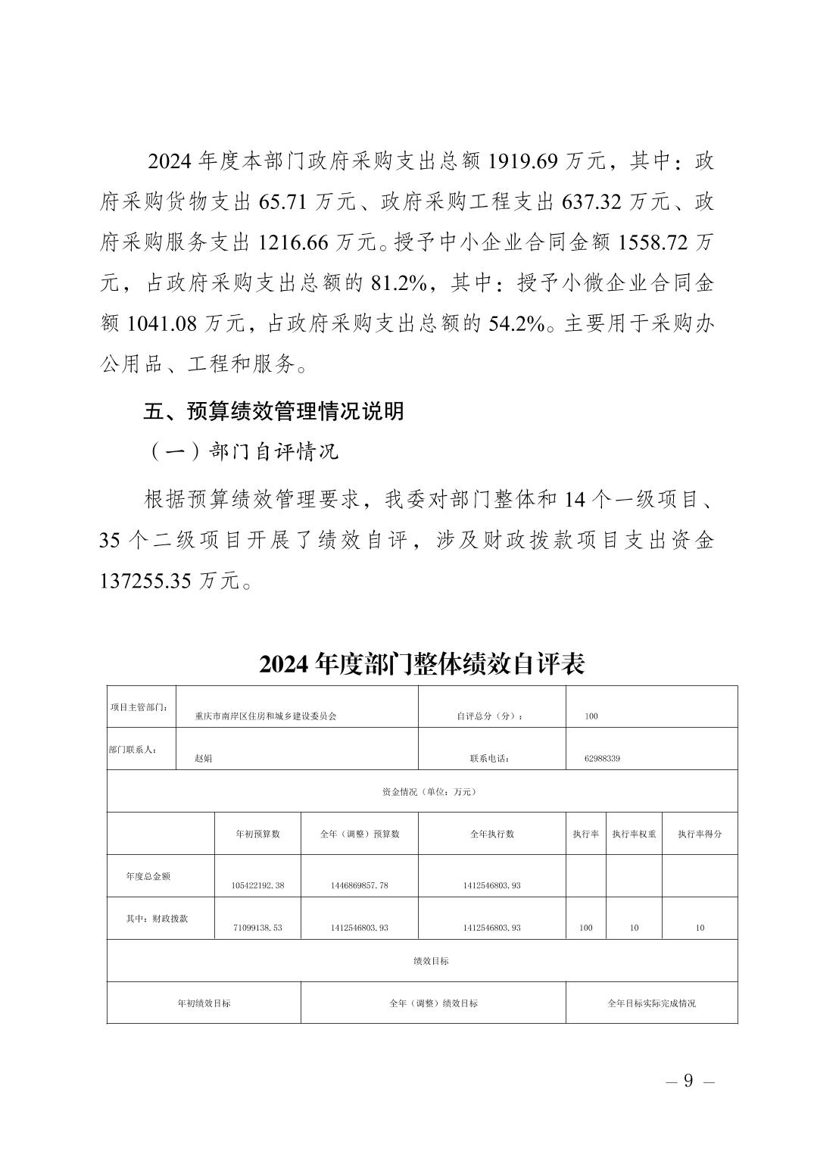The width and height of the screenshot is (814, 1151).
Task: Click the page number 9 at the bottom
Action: pos(688,1081)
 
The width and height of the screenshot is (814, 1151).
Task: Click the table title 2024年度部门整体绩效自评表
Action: pos(422,664)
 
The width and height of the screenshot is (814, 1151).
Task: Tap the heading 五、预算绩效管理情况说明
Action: pos(274,411)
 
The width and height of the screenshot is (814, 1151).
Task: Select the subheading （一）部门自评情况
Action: pos(241,452)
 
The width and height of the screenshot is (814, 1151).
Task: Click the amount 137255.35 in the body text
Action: pos(148,581)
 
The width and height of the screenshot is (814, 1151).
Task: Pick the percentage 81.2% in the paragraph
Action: pos(400,284)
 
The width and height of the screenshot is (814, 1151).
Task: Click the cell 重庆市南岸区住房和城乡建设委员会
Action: pos(266,716)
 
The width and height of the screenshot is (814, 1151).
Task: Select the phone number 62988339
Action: pos(603,758)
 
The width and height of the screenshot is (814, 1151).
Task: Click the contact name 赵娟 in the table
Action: pos(203,758)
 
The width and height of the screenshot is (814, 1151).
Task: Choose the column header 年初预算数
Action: pos(258,834)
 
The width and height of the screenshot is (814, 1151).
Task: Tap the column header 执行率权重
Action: pos(635,834)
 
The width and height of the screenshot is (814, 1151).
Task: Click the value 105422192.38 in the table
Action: pos(258,885)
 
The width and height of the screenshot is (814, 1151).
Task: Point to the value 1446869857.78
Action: pos(360,885)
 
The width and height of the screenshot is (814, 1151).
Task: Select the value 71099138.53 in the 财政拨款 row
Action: pos(257,928)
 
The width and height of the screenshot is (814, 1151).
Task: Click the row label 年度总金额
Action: pos(148,876)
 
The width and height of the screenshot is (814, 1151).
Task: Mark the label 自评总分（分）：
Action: pos(490,716)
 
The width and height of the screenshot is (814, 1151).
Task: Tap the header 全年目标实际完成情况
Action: pos(651,1003)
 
